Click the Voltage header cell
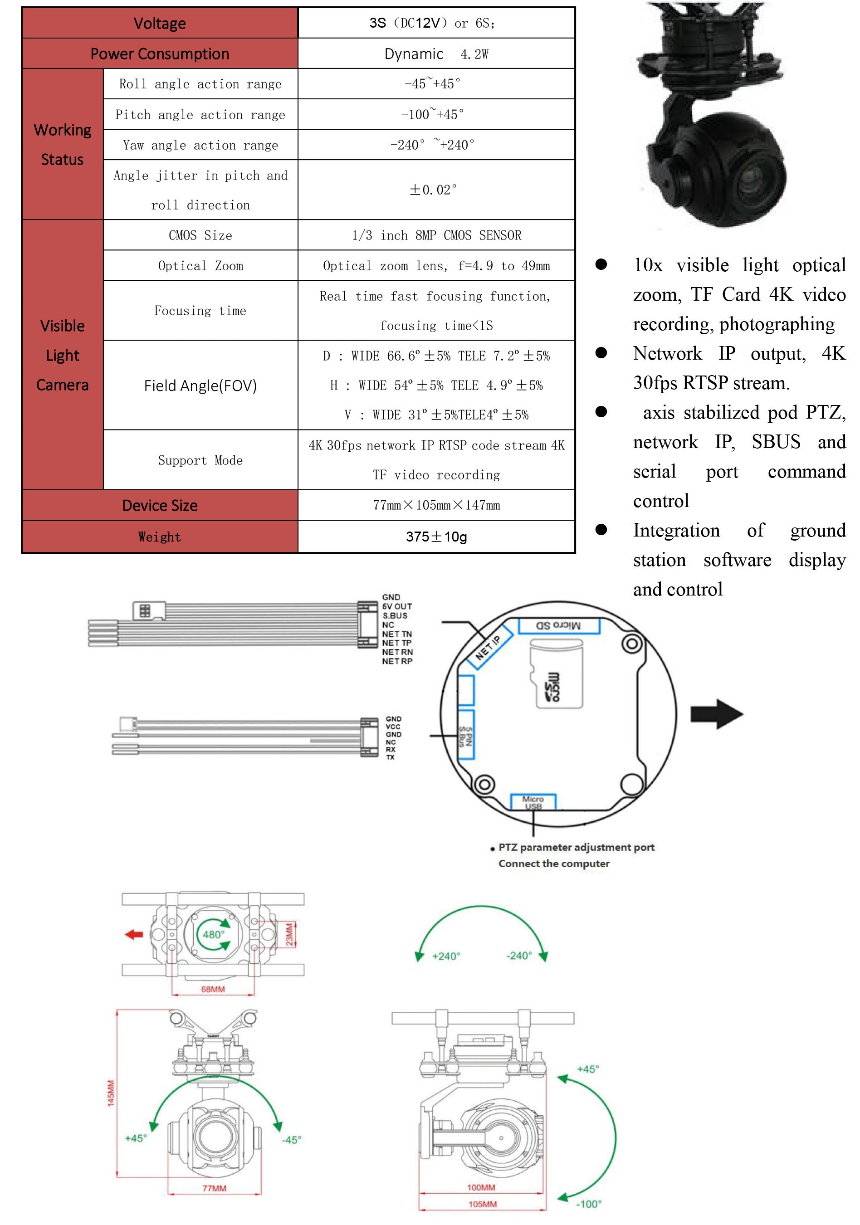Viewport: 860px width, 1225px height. point(160,23)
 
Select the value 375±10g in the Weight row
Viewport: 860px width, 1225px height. point(436,537)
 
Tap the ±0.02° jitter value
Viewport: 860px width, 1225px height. point(433,190)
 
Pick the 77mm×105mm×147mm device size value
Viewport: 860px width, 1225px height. point(436,505)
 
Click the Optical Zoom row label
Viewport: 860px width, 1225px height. point(200,266)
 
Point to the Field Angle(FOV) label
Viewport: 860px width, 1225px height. point(200,385)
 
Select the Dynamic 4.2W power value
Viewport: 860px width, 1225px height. point(436,54)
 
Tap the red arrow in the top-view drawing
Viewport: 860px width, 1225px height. point(134,934)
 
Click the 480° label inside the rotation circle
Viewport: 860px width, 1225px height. point(213,934)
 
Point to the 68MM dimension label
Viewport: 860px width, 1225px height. point(213,989)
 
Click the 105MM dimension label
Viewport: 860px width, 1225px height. point(482,1204)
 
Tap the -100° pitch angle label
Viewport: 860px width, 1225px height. point(588,1204)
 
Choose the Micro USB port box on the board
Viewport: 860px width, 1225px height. point(533,802)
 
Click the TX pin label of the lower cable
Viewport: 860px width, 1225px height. point(391,757)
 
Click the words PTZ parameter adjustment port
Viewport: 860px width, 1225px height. point(576,847)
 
